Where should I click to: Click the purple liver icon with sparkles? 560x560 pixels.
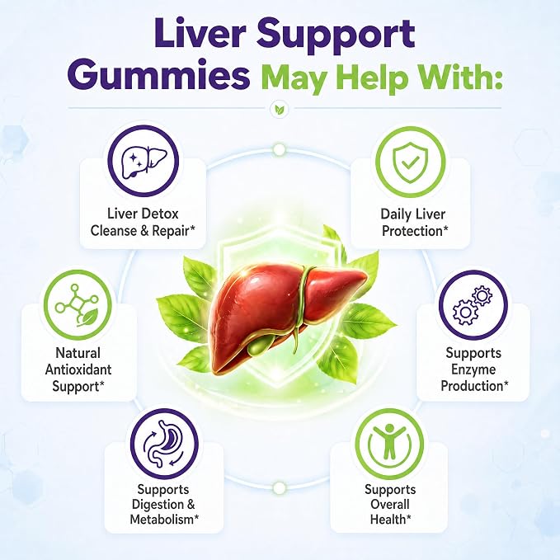(144, 161)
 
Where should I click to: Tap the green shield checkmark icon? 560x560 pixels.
(411, 162)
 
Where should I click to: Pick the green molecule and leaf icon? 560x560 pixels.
(77, 305)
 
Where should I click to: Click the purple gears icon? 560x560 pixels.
(473, 305)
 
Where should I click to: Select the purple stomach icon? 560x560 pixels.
(165, 444)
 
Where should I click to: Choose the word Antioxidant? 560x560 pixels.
(78, 369)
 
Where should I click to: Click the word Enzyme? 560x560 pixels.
(473, 369)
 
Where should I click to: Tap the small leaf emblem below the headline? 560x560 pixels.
(280, 109)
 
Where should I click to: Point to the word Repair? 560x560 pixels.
(173, 231)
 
